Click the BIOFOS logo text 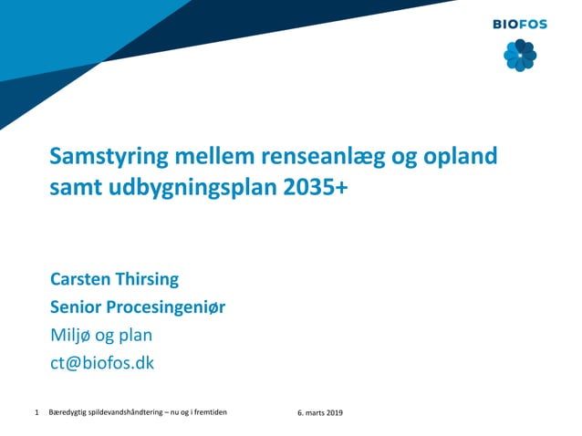point(520,25)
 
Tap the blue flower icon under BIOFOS point(520,56)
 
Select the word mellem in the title point(202,156)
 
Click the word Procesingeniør point(168,306)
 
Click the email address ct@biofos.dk point(102,362)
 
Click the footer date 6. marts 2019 point(319,413)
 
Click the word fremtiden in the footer point(210,413)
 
